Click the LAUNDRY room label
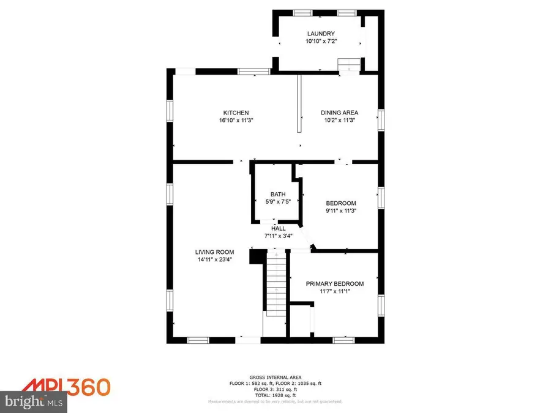coord(321,34)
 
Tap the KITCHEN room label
coord(236,113)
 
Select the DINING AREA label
coord(339,113)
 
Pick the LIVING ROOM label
coord(215,252)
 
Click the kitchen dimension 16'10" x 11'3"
coord(236,121)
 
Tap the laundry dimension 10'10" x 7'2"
coord(321,42)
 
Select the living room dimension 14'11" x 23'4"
coord(215,260)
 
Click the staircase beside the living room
coord(275,285)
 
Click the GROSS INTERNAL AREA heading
coord(275,377)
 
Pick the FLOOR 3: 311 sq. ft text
coord(275,389)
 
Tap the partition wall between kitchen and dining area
coord(299,103)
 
